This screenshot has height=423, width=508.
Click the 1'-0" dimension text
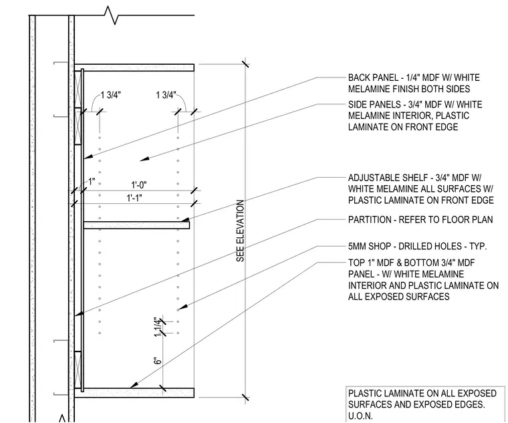tap(138, 185)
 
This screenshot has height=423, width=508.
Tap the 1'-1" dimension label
tap(134, 198)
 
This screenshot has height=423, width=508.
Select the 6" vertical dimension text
tap(158, 361)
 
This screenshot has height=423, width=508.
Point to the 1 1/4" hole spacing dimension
tap(158, 327)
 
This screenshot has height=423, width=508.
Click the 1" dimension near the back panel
tap(92, 182)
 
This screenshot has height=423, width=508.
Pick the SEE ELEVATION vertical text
tap(240, 231)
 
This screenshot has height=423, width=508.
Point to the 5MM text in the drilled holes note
tap(356, 247)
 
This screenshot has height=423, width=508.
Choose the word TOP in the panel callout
tap(356, 263)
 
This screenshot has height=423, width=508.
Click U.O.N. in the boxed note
tap(360, 416)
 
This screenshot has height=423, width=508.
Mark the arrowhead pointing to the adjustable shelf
tap(185, 219)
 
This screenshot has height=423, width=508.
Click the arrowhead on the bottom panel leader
tap(134, 384)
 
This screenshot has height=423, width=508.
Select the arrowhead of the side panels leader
tap(144, 158)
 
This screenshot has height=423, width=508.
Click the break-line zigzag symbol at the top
tap(112, 15)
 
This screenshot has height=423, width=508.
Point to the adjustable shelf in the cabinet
tap(136, 225)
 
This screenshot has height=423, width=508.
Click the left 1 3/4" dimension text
tap(110, 95)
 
